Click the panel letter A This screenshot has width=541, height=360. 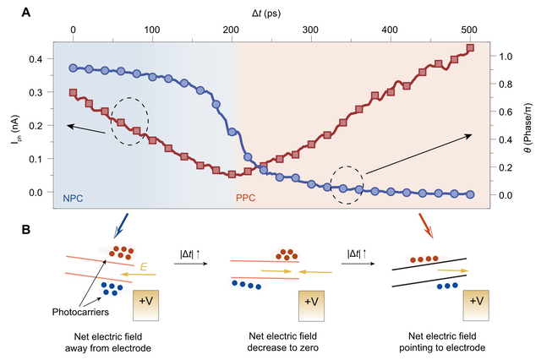[x=26, y=12]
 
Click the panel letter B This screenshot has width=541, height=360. [x=26, y=228]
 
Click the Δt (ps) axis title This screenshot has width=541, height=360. [x=271, y=12]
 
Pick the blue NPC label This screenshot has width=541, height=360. [x=74, y=200]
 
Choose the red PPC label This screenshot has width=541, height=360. [x=245, y=200]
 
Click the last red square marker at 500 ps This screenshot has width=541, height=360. [x=470, y=47]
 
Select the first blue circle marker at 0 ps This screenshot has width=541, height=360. [x=74, y=68]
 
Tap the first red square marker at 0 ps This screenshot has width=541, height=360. [x=74, y=92]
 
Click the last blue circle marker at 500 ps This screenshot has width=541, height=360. [x=470, y=194]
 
